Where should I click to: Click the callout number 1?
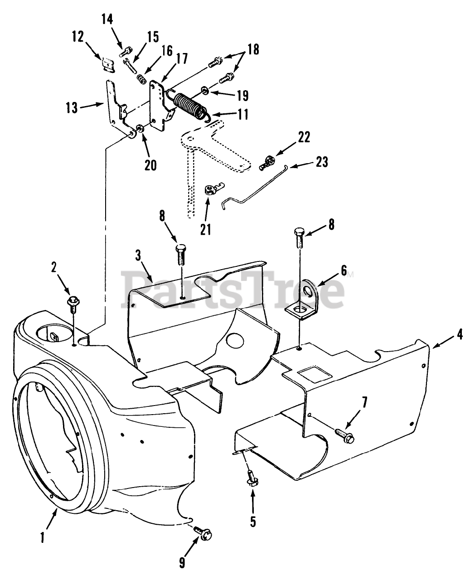pyautogui.click(x=42, y=538)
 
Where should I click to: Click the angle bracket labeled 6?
pyautogui.click(x=302, y=302)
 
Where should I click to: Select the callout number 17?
pyautogui.click(x=170, y=59)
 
